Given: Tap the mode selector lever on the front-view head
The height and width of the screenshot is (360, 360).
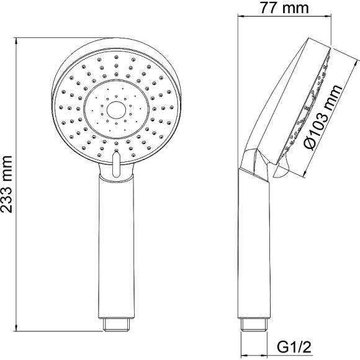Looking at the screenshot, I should (x=115, y=164).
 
